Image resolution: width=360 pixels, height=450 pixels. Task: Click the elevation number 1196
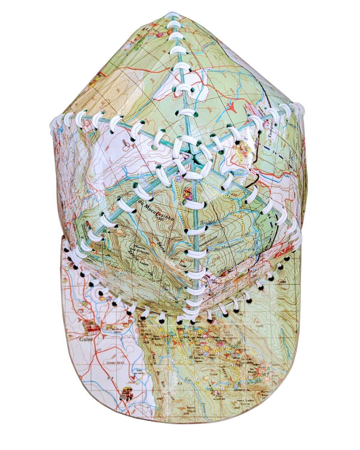click(184, 265)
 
